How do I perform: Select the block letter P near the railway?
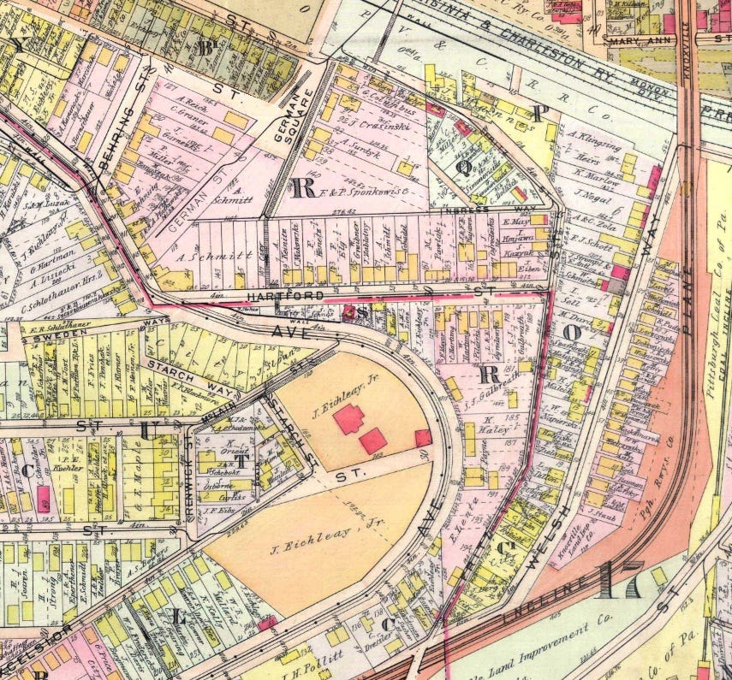click(538, 113)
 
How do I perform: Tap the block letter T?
click(242, 459)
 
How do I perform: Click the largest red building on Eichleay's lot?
click(349, 419)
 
